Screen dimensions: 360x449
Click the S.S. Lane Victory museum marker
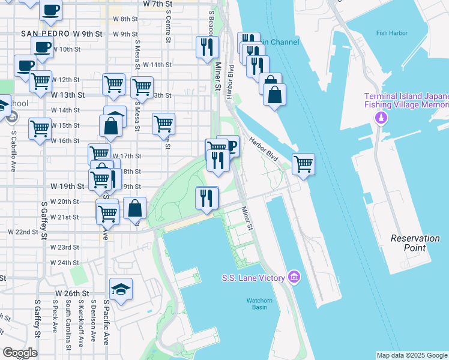point(294,277)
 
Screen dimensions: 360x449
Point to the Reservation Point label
point(415,242)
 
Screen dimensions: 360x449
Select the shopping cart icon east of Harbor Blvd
point(304,163)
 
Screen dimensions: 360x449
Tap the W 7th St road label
point(158,4)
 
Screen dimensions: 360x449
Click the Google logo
point(20,353)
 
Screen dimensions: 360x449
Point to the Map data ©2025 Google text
point(411,355)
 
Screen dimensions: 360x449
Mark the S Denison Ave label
point(93,327)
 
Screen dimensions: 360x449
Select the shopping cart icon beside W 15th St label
point(40,127)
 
